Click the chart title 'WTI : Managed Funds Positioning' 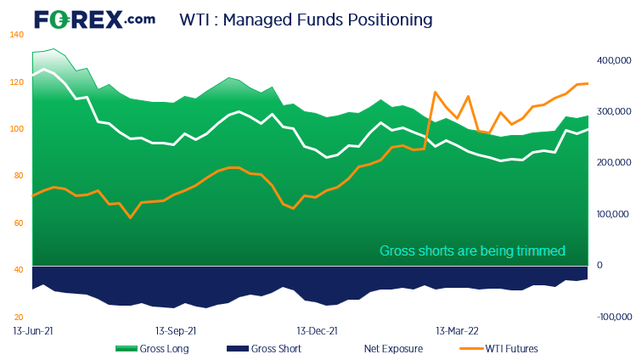tap(306, 18)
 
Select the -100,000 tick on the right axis tap(611, 317)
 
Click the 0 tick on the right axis tap(599, 265)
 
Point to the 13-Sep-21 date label tap(177, 329)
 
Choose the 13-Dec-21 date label tap(317, 329)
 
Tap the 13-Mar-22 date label tap(456, 329)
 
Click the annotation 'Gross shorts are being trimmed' tap(471, 250)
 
